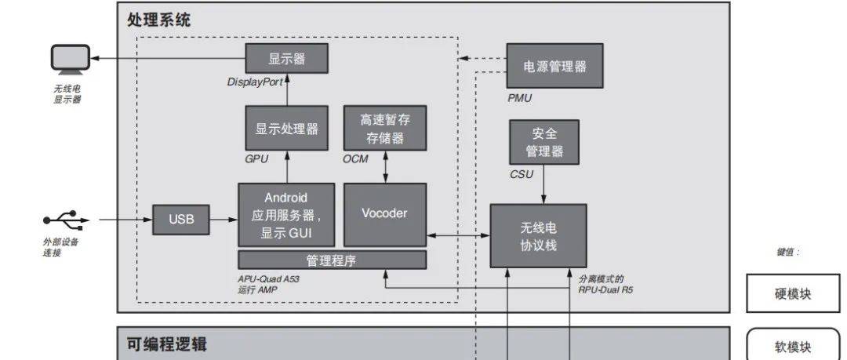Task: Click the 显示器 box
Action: pos(286,59)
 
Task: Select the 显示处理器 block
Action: pos(286,129)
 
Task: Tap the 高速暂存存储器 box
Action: pos(385,129)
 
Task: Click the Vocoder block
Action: pos(385,214)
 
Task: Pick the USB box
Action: pos(181,220)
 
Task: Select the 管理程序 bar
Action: pos(332,260)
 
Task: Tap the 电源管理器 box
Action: pos(554,67)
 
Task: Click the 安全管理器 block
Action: pos(544,142)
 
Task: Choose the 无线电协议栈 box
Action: pos(538,235)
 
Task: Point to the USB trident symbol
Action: pos(64,219)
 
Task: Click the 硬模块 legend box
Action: pos(792,294)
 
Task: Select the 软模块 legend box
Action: pos(792,347)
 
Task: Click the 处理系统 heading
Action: pos(158,20)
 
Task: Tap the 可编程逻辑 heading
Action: pos(167,344)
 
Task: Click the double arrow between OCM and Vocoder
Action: pos(385,167)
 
